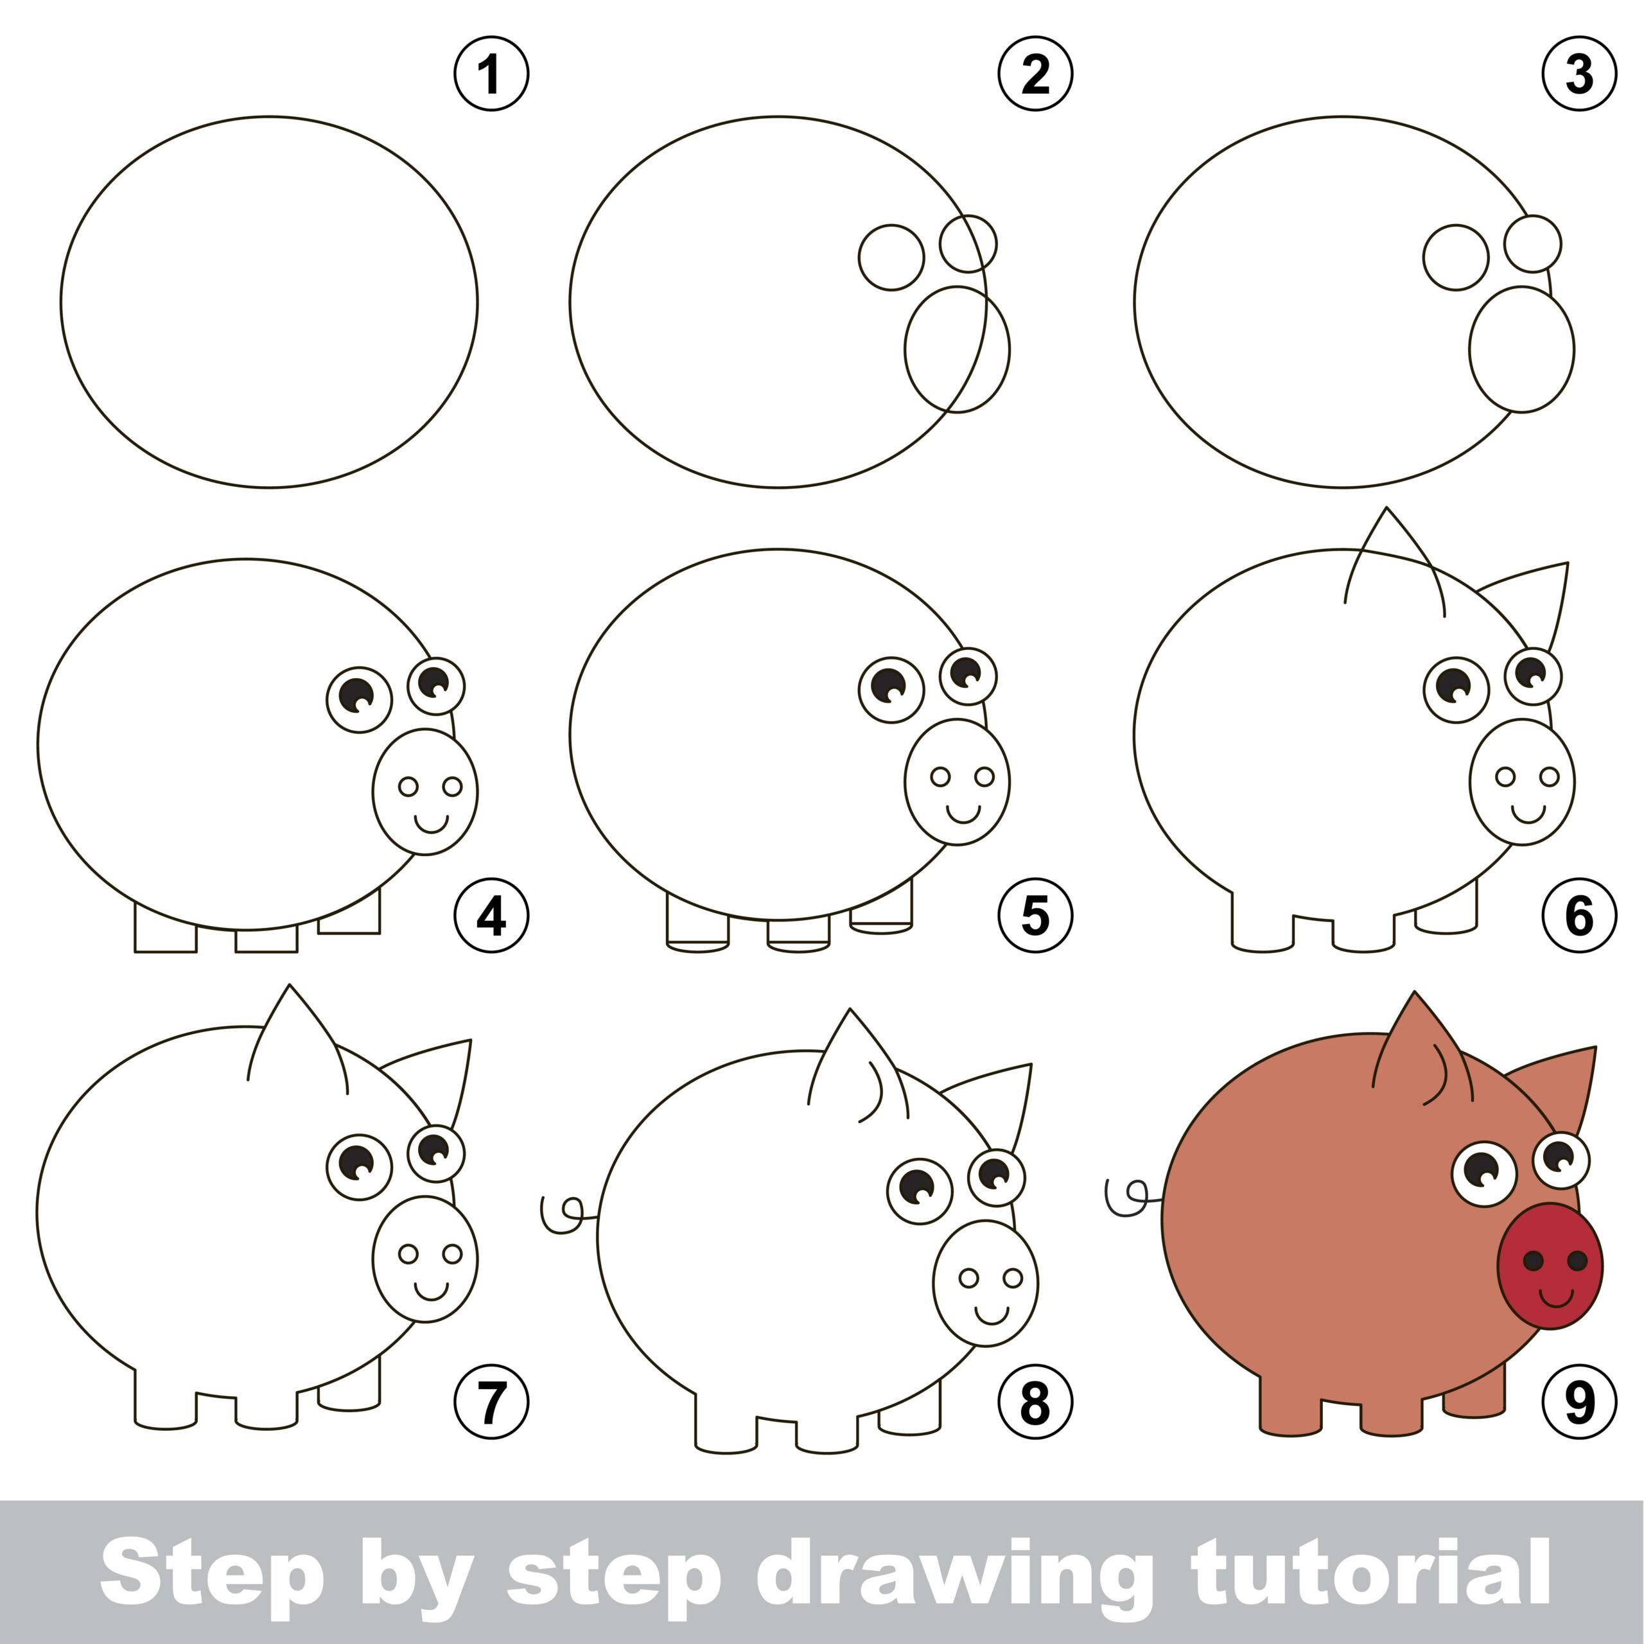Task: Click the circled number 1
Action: coord(491,73)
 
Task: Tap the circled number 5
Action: coord(1035,916)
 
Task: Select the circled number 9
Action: coord(1578,1401)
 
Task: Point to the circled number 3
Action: coord(1578,73)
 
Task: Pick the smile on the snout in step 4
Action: coord(430,823)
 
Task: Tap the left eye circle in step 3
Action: coord(1455,257)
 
